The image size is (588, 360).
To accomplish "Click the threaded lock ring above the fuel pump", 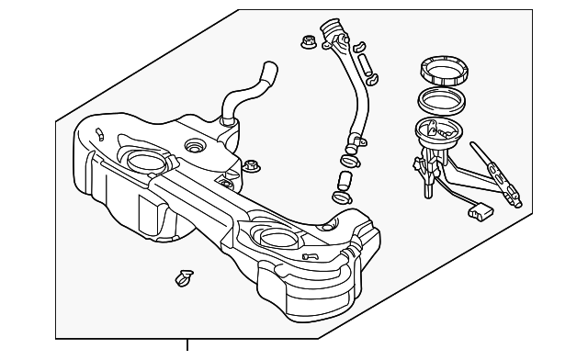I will pyautogui.click(x=445, y=70).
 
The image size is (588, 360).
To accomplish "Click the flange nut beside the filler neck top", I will pyautogui.click(x=309, y=41).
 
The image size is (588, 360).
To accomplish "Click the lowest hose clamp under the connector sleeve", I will pyautogui.click(x=342, y=197).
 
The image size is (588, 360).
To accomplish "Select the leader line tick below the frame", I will pyautogui.click(x=187, y=348).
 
